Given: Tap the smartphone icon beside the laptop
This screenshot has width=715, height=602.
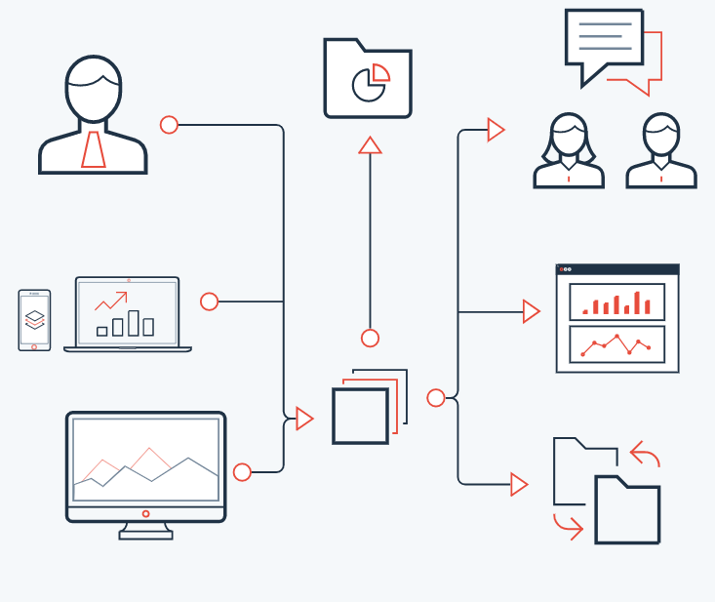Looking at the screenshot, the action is [x=34, y=319].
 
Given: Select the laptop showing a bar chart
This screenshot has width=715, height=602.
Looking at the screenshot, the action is [x=128, y=313].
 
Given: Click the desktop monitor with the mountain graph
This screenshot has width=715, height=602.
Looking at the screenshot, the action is [x=145, y=466].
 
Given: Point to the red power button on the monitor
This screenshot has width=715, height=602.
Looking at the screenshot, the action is [x=145, y=513].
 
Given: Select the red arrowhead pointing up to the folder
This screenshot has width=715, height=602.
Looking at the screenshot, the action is [x=370, y=145].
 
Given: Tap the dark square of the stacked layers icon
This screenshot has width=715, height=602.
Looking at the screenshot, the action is [x=360, y=416].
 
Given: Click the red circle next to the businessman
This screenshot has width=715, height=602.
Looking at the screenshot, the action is [x=169, y=125].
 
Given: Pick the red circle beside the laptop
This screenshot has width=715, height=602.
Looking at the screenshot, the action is [x=209, y=301].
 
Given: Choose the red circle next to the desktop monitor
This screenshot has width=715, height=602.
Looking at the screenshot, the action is [x=242, y=472].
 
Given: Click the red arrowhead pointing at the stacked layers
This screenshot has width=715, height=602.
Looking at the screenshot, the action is [x=304, y=419].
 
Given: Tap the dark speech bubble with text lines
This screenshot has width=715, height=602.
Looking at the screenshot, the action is [x=604, y=42].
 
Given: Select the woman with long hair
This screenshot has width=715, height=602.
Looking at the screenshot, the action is [x=569, y=151].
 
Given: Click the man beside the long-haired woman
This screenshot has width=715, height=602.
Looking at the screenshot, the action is [x=661, y=151].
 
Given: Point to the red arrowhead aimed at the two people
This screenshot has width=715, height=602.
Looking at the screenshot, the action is [x=496, y=130].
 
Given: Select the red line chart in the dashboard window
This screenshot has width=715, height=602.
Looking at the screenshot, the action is [x=616, y=344].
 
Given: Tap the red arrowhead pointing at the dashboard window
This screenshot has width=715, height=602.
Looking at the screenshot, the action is [x=531, y=311].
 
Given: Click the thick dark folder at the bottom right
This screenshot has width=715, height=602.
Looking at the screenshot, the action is [x=627, y=509].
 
